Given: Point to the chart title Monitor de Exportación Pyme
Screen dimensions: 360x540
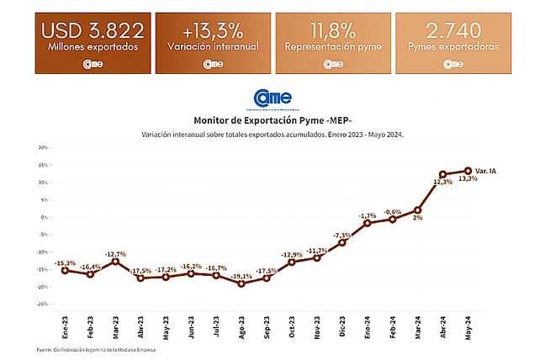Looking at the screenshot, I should click(x=269, y=120).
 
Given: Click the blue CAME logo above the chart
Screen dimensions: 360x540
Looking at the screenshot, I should click(x=269, y=98).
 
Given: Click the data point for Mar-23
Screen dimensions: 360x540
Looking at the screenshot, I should click(x=115, y=262).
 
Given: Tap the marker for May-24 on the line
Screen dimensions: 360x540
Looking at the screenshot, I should click(x=468, y=171).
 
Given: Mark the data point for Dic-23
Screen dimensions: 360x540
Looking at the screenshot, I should click(x=342, y=242).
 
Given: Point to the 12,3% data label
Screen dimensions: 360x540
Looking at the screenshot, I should click(x=443, y=182).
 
